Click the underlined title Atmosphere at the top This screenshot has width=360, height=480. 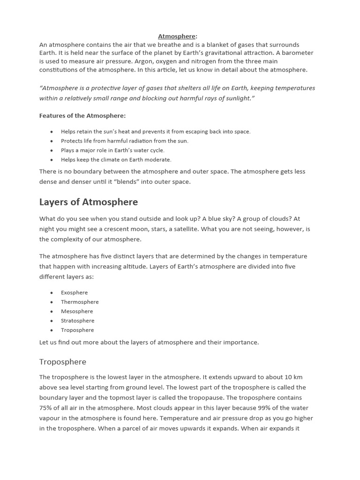pos(177,36)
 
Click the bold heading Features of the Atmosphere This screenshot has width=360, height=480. pos(82,115)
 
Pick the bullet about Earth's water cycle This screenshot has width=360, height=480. pos(112,150)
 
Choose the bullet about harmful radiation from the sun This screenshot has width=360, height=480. pos(124,141)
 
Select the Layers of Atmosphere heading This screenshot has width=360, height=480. pos(89,202)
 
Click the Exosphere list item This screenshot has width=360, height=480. pos(74,292)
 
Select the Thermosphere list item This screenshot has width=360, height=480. pos(80,302)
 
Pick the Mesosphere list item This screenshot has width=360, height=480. pos(77,311)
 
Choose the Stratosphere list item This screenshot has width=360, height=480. pos(77,321)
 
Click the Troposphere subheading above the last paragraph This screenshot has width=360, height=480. pos(63,362)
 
